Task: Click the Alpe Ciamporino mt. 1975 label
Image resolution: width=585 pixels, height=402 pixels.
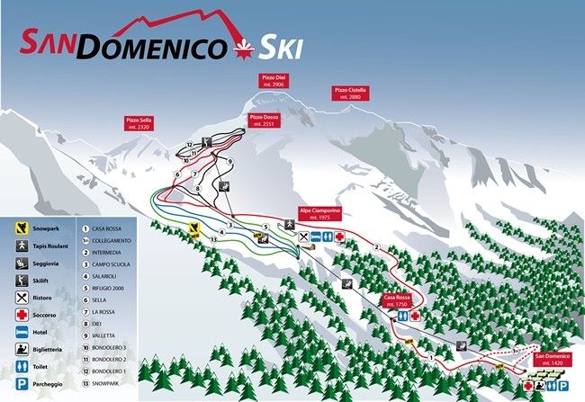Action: coord(319,214)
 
